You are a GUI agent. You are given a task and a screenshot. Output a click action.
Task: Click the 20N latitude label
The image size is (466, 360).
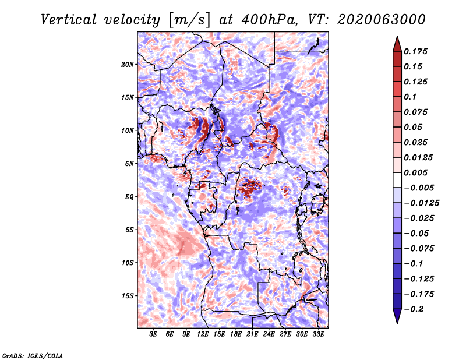point(128,65)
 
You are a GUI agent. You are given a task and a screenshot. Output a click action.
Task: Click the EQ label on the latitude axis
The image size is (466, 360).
point(129,197)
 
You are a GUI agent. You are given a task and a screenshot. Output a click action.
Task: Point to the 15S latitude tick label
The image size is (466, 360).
point(128,296)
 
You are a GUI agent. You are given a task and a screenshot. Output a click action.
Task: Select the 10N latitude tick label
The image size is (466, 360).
point(128,130)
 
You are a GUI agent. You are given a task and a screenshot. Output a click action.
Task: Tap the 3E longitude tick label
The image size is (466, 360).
point(153,334)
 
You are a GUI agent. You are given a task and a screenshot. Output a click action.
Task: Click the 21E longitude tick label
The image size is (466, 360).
point(252,334)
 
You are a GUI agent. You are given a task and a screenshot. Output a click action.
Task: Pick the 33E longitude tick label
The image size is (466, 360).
point(318,334)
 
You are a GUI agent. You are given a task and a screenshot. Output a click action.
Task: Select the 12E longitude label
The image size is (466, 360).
point(203,334)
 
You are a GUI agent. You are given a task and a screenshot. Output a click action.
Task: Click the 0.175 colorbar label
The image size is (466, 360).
point(415,51)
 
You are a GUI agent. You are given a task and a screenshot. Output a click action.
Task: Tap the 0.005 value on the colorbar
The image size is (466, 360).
point(415,172)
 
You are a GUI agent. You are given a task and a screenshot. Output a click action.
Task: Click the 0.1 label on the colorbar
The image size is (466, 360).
point(410,97)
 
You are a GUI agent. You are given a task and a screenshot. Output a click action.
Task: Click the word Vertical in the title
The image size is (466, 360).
point(69,20)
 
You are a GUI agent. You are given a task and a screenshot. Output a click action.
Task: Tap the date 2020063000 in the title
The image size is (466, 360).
point(382,20)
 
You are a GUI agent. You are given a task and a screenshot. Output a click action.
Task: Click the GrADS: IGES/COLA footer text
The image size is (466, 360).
point(33,356)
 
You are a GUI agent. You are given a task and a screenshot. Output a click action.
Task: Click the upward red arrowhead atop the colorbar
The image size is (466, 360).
point(397,44)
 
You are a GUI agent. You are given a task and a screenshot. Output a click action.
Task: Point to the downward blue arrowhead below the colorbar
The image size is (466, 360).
point(397,316)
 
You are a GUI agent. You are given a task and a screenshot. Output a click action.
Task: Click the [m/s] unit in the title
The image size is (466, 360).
point(189,20)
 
